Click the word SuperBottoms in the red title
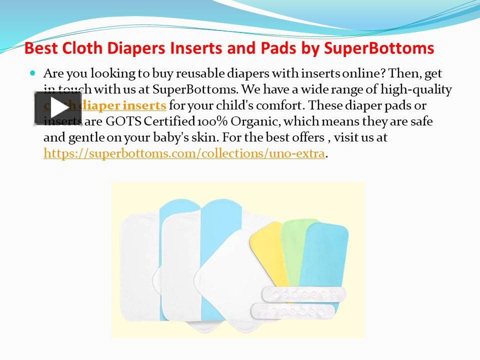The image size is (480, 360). click(x=379, y=48)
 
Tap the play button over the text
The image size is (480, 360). click(x=58, y=108)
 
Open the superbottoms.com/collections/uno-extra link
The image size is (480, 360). click(x=184, y=153)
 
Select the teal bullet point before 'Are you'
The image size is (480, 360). click(x=33, y=73)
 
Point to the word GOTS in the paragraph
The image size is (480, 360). click(x=123, y=121)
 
